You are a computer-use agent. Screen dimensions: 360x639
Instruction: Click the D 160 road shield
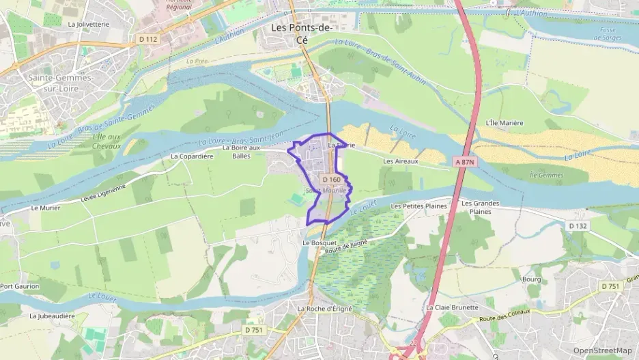[x=330, y=180]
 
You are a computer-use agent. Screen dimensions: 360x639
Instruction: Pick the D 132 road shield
[x=577, y=225]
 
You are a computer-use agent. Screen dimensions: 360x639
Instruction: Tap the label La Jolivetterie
[x=89, y=23]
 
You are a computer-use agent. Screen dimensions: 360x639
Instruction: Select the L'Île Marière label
[x=504, y=123]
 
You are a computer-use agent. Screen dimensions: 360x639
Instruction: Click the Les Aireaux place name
[x=400, y=161]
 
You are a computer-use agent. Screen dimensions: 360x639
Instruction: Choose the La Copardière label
[x=193, y=156]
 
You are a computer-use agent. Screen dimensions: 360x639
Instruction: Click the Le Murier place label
[x=45, y=208]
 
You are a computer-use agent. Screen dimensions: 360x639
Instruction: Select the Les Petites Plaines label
[x=418, y=206]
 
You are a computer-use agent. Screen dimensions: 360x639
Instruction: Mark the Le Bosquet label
[x=319, y=243]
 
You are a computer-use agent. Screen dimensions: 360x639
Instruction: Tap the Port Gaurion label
[x=20, y=286]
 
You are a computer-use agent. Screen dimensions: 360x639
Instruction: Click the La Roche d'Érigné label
[x=324, y=309]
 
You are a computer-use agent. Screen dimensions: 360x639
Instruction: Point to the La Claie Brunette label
[x=452, y=307]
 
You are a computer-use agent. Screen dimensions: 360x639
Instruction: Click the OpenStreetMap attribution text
[x=602, y=350]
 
